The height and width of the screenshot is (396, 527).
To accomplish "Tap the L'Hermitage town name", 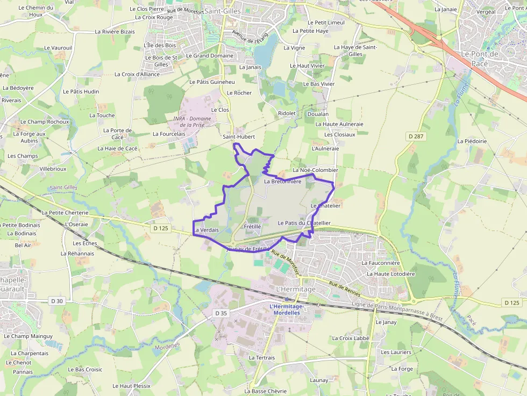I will (295, 289).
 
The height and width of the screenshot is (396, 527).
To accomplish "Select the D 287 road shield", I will (416, 136).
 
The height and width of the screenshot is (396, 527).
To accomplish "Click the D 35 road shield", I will (221, 313).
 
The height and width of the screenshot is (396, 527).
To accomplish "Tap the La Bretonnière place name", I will (283, 181).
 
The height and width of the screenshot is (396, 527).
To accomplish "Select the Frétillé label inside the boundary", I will (252, 226).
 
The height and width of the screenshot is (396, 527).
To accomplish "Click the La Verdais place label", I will (206, 230).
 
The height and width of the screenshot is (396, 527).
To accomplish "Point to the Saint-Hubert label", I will (239, 137).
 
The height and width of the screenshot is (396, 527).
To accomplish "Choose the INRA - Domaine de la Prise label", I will (192, 121).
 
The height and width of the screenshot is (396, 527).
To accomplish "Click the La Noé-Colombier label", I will (315, 170).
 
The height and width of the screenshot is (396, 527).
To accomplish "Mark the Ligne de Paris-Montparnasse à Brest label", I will (396, 312).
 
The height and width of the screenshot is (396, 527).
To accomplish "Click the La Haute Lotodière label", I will (390, 273).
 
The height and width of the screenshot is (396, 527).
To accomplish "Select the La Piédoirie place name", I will (472, 141).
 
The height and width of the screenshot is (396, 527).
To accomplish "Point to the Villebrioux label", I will (53, 168).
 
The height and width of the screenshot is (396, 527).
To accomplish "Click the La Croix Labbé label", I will (351, 339).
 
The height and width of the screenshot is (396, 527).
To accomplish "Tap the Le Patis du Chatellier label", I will (304, 222).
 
